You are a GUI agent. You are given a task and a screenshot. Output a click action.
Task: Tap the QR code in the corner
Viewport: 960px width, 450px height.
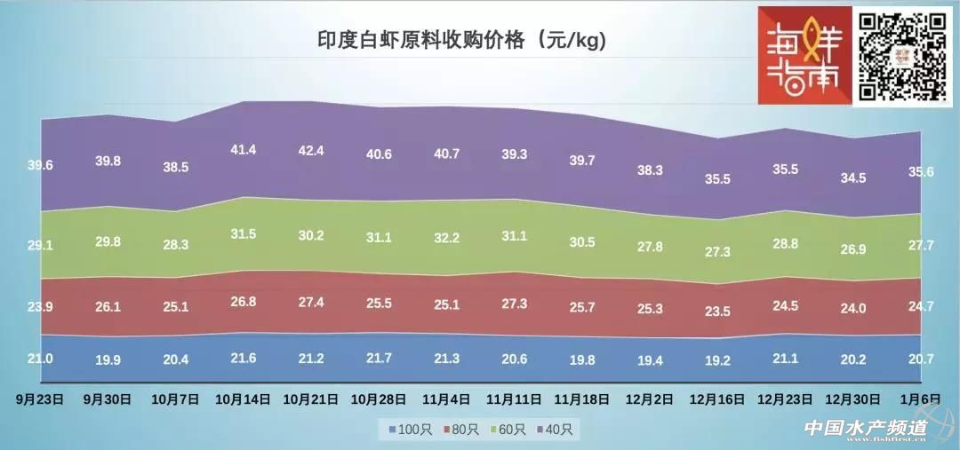(x=902, y=55)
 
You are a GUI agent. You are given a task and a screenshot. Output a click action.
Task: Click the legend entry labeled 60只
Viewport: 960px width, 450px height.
(x=508, y=430)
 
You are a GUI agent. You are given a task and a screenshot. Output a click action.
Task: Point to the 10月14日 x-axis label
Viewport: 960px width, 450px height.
(x=243, y=399)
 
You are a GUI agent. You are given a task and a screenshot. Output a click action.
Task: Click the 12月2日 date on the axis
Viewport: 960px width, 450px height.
(x=650, y=399)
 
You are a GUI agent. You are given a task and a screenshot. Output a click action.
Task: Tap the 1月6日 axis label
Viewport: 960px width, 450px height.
(x=920, y=399)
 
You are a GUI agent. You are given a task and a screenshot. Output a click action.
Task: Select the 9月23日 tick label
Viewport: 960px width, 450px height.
(x=41, y=399)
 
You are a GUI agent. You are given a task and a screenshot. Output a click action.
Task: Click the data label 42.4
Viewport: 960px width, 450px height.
(x=311, y=151)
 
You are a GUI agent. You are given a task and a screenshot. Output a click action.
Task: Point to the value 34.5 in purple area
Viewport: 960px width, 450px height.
(x=852, y=178)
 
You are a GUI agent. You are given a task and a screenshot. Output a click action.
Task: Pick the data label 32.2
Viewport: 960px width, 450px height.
(x=446, y=238)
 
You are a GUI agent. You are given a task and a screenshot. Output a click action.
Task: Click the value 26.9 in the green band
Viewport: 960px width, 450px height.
(x=852, y=249)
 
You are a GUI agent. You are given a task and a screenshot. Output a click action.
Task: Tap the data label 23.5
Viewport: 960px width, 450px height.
(x=717, y=312)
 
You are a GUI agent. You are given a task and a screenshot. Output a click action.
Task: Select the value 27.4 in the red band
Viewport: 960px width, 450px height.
(x=311, y=303)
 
